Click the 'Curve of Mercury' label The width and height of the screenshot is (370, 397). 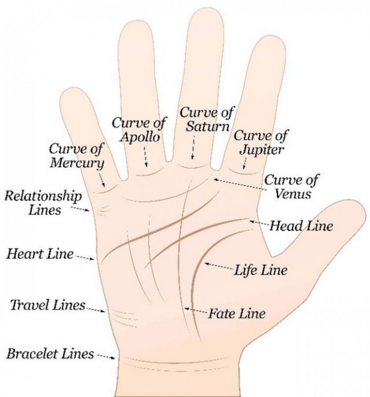point(76,155)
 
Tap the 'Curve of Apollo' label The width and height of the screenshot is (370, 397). point(139,129)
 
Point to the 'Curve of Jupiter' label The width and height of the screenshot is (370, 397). point(261,142)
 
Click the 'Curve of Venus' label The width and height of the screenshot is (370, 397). point(292,187)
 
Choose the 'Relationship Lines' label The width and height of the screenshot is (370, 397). point(43,203)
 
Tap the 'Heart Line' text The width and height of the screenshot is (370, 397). point(39,253)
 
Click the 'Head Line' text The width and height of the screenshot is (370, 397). point(301,225)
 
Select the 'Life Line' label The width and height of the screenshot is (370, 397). point(260,270)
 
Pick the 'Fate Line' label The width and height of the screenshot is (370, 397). point(237,314)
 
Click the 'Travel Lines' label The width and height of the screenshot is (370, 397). point(47,305)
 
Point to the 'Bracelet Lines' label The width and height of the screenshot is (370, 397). point(50,354)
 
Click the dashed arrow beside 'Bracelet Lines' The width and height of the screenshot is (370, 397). point(106,357)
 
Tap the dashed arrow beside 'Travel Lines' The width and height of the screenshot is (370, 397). point(96,310)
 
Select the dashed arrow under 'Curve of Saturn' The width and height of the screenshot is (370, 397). point(193,148)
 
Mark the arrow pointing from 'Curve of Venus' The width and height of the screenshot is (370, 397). point(240,184)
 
